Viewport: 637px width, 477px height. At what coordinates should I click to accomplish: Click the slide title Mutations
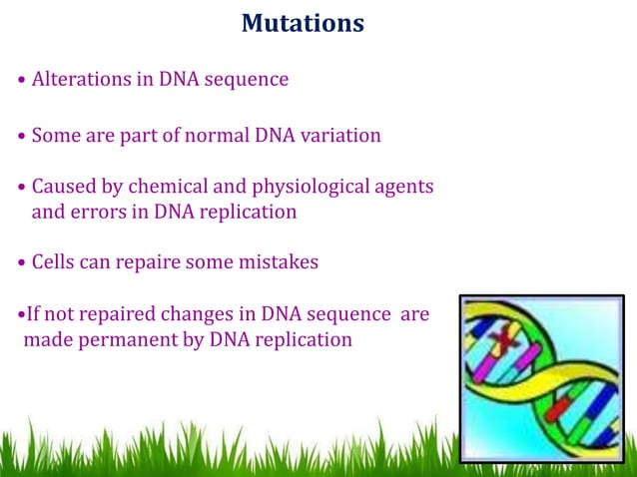[303, 22]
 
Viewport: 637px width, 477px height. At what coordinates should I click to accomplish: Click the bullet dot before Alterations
[22, 81]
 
